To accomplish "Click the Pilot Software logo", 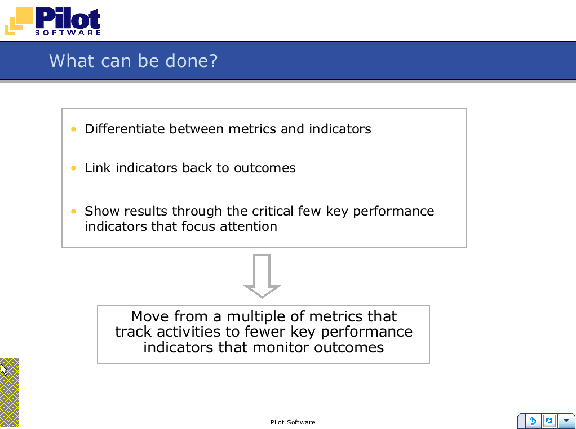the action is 52,21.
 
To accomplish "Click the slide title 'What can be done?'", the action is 134,61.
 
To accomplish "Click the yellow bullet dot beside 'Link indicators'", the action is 73,168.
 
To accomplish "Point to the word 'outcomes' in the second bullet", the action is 265,168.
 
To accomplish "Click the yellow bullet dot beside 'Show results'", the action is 73,211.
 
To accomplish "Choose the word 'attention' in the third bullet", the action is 249,226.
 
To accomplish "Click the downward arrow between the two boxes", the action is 262,275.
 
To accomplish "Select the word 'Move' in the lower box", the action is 150,316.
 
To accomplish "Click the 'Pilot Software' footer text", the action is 293,422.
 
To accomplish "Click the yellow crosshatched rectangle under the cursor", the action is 10,392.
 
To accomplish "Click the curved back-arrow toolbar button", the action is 533,421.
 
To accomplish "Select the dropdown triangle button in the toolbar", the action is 566,421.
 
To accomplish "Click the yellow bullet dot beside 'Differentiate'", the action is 73,129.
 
